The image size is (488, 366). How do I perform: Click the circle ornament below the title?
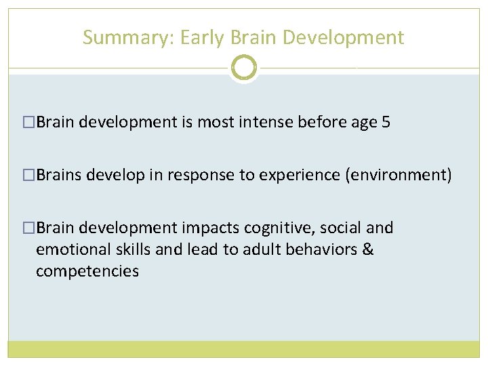coord(243,68)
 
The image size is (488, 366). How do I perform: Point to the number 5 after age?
coord(386,123)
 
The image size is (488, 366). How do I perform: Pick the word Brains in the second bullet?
coord(58,176)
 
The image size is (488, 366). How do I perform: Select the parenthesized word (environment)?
coord(398,176)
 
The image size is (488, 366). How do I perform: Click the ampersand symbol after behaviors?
coord(368,249)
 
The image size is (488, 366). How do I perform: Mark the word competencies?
coord(87,272)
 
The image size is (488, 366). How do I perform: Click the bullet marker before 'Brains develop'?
coord(28,176)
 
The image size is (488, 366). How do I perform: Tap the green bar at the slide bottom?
coord(243,349)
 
